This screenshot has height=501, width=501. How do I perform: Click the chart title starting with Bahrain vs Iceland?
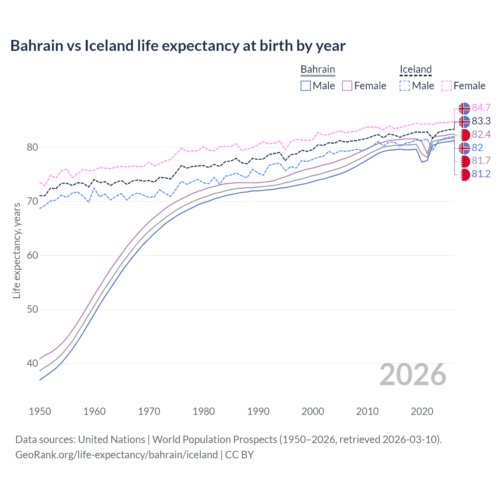(178, 46)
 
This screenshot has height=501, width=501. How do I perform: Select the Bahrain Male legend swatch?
(306, 86)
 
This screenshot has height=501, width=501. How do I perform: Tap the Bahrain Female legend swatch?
(347, 86)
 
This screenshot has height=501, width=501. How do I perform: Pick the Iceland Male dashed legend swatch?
(405, 86)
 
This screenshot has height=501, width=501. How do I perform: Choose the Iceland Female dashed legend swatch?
(447, 86)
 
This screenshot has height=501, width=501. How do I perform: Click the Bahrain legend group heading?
(317, 69)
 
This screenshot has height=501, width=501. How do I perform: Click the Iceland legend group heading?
(415, 69)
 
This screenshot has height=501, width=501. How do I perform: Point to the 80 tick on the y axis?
(32, 148)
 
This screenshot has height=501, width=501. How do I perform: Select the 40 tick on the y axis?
(32, 364)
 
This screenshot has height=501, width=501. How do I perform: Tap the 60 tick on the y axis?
(32, 256)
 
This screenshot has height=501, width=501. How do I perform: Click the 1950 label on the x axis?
(40, 411)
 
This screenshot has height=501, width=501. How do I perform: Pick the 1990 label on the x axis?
(258, 411)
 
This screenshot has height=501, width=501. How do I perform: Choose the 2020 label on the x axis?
(422, 411)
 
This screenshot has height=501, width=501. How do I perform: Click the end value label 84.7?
(481, 108)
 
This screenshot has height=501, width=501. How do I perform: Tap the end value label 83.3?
(481, 121)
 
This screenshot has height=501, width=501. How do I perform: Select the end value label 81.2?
(481, 174)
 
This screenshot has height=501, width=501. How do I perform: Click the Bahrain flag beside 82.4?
(464, 135)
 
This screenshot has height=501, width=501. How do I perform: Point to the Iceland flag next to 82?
(464, 148)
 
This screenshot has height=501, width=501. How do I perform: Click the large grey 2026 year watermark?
(413, 375)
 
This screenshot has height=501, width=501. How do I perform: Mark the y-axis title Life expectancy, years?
(16, 250)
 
